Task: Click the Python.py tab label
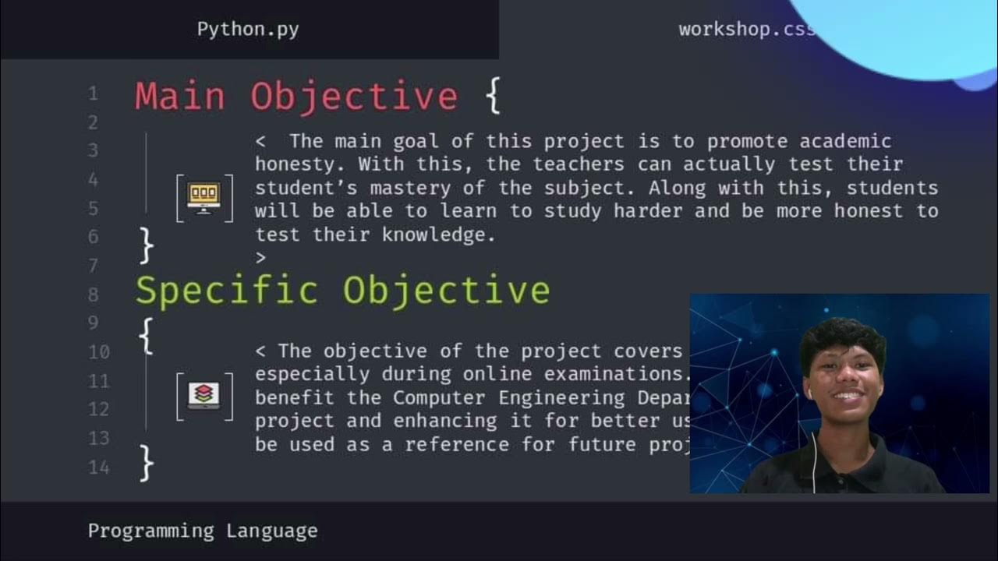248,30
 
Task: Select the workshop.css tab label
746,30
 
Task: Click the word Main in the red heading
180,97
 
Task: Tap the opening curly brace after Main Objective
492,97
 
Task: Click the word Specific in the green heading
227,291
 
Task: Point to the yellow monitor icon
203,197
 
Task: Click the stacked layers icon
203,395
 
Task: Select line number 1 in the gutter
93,94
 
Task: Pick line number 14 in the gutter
99,467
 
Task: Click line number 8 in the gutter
94,295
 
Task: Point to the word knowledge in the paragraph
438,235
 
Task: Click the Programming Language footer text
203,531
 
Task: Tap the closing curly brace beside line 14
146,462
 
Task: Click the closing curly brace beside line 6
146,245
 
